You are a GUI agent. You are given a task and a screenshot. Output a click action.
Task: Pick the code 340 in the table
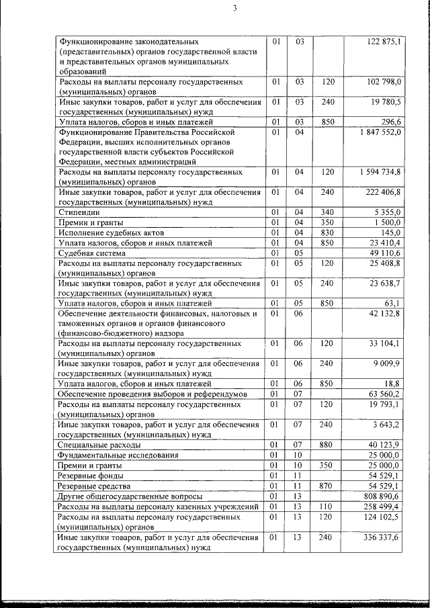tap(328, 212)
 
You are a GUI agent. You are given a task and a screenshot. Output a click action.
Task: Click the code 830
tap(328, 232)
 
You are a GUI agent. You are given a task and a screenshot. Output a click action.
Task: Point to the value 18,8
tap(393, 383)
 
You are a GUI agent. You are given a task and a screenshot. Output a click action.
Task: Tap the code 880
tap(328, 444)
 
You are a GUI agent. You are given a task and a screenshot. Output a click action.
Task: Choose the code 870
tap(328, 485)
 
